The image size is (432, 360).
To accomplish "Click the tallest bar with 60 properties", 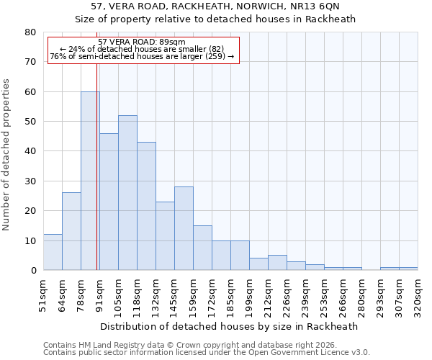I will pos(90,181).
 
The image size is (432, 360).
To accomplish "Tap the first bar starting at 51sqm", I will pos(53,252).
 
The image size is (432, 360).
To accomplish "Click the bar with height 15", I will pos(202,248).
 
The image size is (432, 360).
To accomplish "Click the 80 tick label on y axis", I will pos(31,32).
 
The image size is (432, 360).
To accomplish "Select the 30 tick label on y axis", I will pos(31,181).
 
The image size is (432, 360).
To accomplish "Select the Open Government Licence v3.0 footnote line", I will pos(207,353).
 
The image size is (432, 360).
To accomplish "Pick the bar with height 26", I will pos(71,231).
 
